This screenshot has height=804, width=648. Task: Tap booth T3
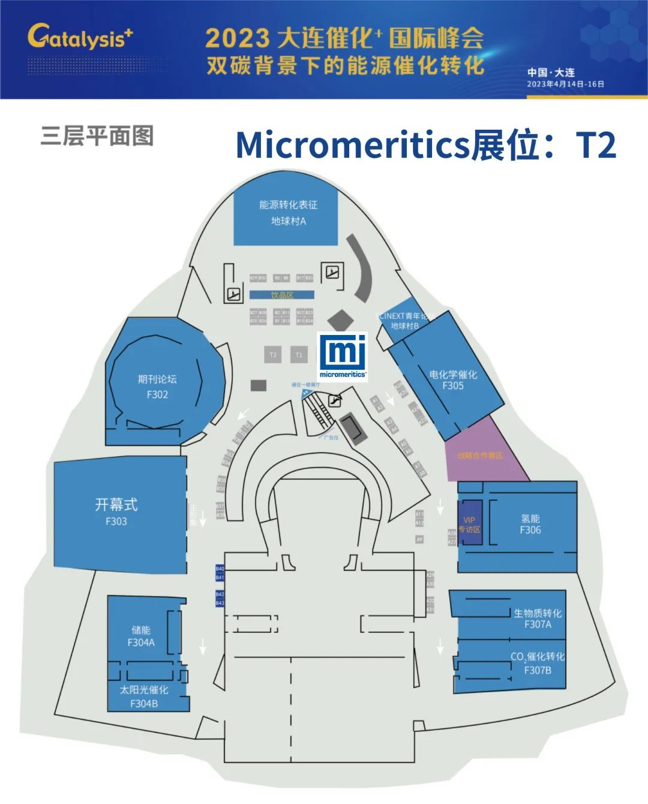click(273, 355)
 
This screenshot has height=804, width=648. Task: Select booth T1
click(299, 355)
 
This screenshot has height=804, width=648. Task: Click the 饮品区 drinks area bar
click(282, 295)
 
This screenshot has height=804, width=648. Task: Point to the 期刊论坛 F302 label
click(157, 387)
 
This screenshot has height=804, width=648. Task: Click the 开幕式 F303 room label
click(116, 512)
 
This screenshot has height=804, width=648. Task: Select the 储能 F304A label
click(141, 636)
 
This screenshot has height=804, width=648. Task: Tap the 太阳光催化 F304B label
click(144, 697)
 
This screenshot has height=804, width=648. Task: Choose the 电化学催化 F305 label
click(453, 380)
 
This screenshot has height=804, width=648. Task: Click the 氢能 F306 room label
click(530, 524)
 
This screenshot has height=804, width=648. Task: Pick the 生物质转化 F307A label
click(538, 618)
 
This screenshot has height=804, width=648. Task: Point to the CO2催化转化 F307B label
click(538, 663)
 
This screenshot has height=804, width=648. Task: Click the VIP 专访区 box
click(470, 524)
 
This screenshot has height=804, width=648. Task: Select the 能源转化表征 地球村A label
click(288, 213)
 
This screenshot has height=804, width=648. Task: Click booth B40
click(220, 569)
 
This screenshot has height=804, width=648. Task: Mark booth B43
click(220, 603)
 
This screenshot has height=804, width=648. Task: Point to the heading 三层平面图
click(97, 136)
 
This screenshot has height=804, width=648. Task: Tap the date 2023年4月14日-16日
click(565, 84)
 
